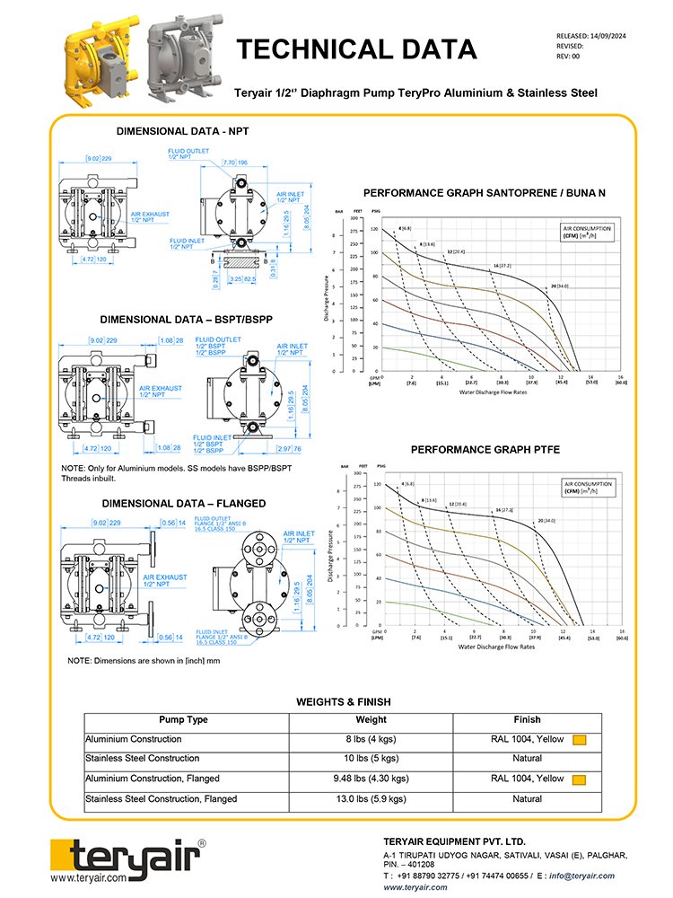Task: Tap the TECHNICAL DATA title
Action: [356, 48]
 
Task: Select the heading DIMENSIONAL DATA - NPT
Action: [183, 131]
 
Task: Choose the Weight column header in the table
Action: [371, 719]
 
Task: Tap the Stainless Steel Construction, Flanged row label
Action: [162, 798]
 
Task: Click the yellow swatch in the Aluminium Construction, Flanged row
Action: [580, 779]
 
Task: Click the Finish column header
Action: [528, 719]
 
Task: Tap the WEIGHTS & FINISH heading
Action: [344, 701]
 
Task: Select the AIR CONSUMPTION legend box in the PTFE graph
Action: [586, 489]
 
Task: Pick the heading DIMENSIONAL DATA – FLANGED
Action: [183, 503]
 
